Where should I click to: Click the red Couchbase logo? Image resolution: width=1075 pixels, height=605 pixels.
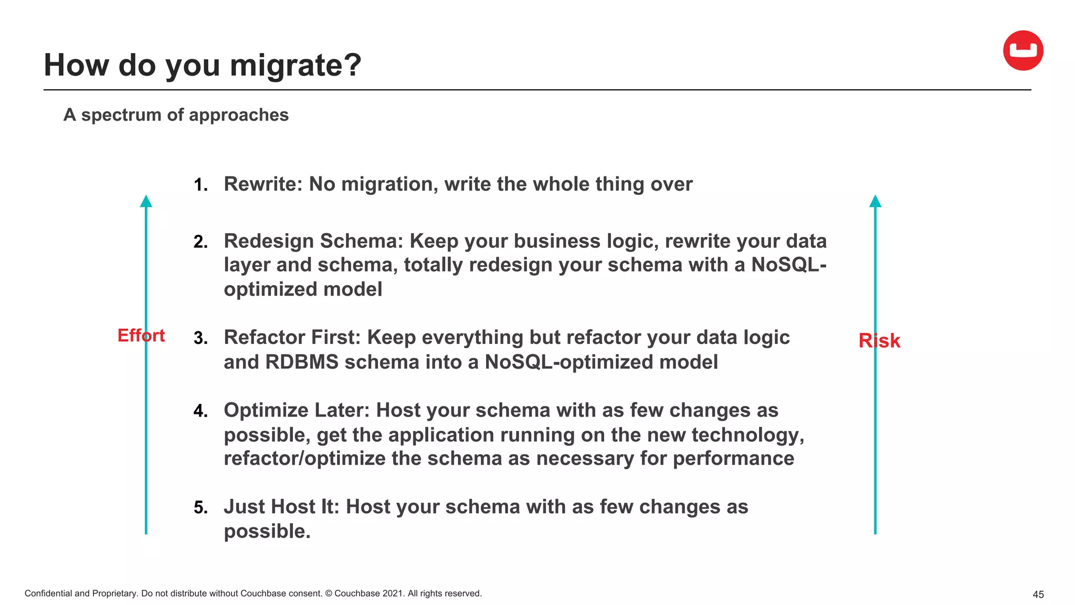[1023, 50]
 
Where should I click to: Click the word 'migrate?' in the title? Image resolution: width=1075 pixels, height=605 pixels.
[296, 65]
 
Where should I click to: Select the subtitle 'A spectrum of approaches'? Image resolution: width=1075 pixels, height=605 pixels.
[176, 115]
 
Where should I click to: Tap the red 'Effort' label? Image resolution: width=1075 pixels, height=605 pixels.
[141, 335]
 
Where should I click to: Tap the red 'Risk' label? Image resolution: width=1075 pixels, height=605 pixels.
[879, 341]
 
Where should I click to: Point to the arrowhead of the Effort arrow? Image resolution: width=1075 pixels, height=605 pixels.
[146, 201]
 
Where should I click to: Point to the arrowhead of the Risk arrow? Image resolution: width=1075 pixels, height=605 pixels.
[875, 201]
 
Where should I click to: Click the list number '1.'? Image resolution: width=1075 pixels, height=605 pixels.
[201, 185]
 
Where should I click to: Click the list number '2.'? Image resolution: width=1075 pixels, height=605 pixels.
[201, 242]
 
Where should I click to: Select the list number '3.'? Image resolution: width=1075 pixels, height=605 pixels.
[201, 338]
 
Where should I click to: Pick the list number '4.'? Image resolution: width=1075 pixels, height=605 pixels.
[201, 411]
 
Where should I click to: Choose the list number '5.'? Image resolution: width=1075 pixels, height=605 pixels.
[201, 507]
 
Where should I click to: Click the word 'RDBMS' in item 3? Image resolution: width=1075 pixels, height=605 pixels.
[302, 362]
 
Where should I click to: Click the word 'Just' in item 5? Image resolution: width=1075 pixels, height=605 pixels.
[244, 507]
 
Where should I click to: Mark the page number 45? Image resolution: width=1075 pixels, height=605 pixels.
[1038, 594]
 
